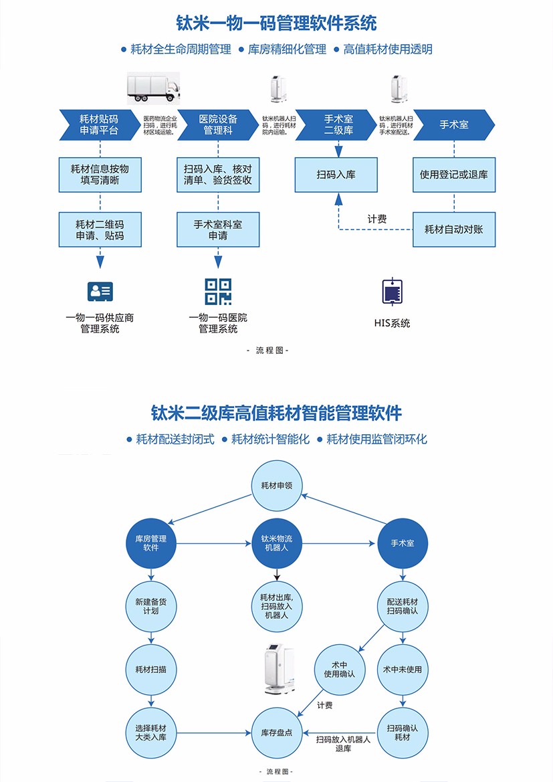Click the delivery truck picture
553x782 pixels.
[x=154, y=87]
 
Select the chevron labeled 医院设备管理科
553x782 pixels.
[x=218, y=124]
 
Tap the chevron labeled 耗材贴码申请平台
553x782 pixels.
[x=99, y=124]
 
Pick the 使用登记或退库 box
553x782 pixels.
[x=453, y=175]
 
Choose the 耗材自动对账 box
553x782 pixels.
[x=453, y=229]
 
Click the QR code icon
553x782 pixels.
[x=218, y=291]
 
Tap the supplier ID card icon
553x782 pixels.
[x=100, y=291]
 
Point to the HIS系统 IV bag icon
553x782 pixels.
[x=392, y=292]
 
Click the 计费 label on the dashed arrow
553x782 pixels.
[x=377, y=219]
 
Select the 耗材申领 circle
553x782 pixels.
[x=277, y=485]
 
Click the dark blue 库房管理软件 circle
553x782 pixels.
[x=151, y=543]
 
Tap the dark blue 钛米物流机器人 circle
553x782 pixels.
[x=277, y=543]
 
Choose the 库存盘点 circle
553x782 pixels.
[x=277, y=732]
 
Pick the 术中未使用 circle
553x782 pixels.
[x=403, y=669]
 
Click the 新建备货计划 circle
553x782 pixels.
[x=151, y=606]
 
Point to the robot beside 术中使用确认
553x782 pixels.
[x=277, y=669]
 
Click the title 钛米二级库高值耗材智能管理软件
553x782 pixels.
[x=276, y=413]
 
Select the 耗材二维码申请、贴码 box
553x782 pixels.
[x=100, y=229]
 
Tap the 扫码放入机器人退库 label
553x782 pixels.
[x=343, y=744]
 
